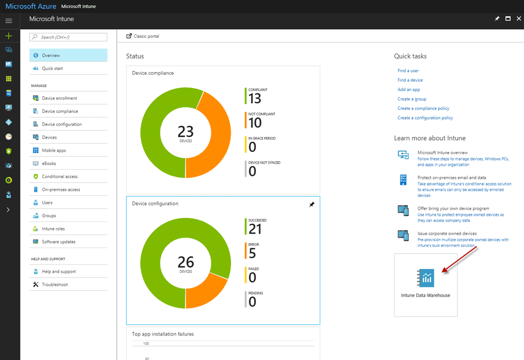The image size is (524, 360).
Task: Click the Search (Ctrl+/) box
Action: click(68, 37)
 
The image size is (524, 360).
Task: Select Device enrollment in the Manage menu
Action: click(59, 98)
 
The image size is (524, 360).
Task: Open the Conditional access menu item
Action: click(59, 176)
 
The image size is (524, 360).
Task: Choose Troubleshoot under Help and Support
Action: click(54, 284)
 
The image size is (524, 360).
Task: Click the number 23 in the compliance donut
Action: click(185, 131)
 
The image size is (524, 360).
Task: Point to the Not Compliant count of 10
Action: click(255, 123)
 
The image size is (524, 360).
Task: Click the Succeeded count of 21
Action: click(255, 229)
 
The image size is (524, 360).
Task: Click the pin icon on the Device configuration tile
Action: click(312, 205)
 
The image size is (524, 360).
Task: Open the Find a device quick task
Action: click(410, 80)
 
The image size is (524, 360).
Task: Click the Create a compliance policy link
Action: click(423, 108)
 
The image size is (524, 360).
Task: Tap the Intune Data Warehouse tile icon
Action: click(425, 278)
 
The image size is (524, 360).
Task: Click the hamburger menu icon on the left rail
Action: click(9, 20)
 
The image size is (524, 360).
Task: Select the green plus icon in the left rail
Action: click(9, 36)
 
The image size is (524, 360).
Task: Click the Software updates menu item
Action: click(58, 242)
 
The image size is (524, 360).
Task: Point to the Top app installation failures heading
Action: click(163, 334)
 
